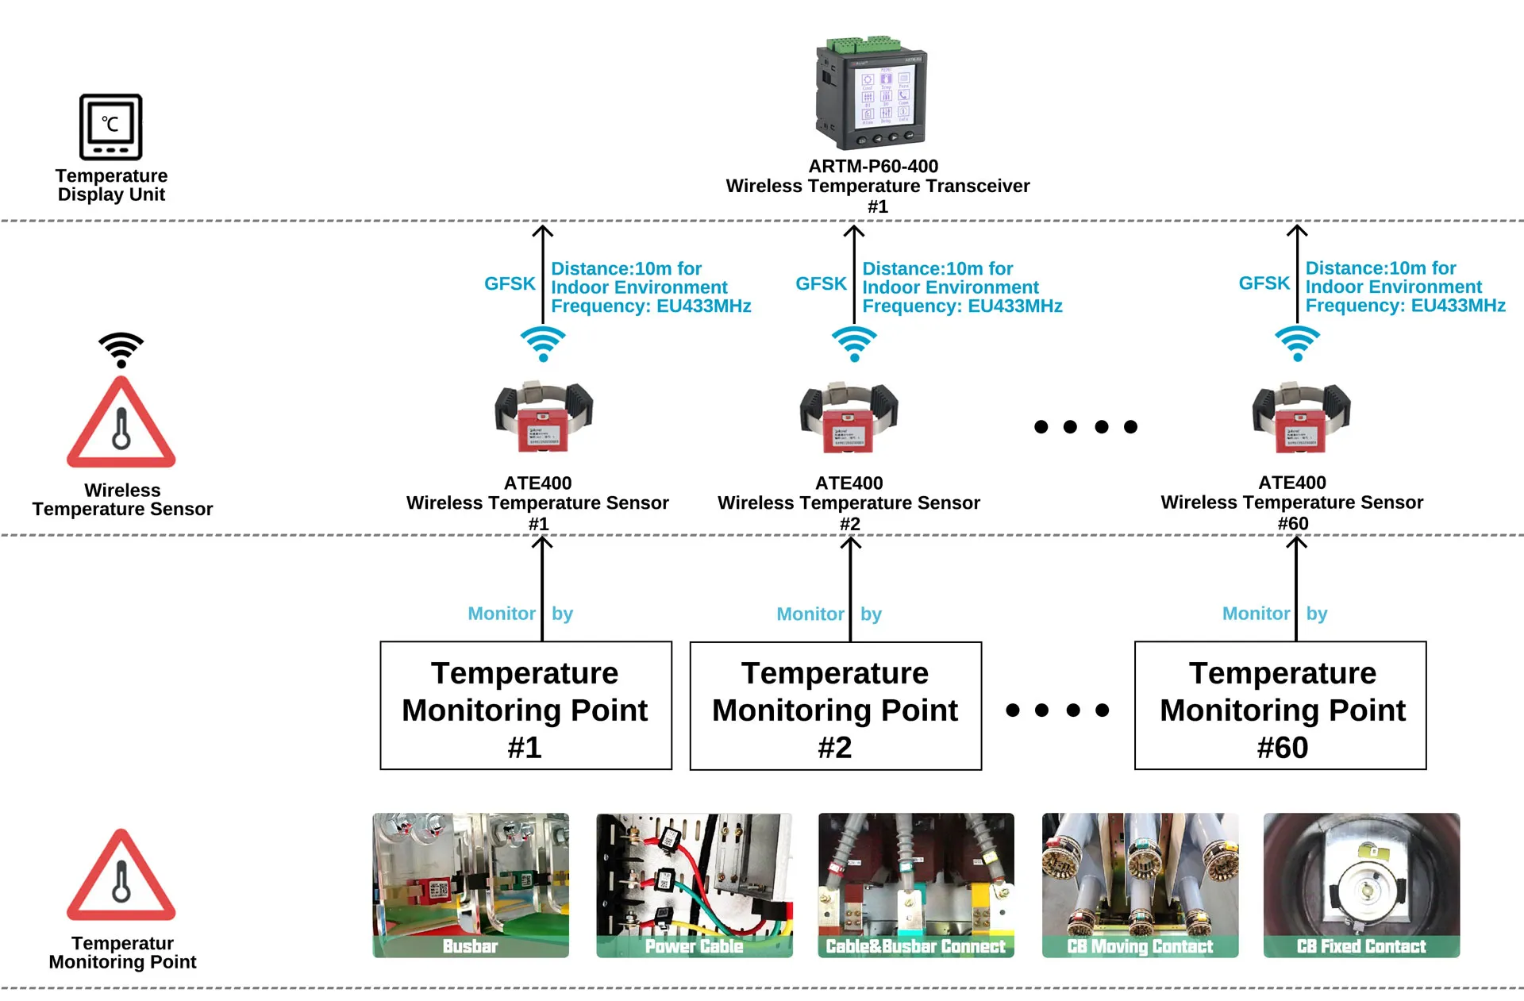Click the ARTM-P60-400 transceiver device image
pos(872,94)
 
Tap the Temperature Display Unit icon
pos(111,127)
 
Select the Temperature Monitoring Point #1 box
pos(525,706)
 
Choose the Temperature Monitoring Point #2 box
pos(835,706)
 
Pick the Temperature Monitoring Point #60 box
pos(1280,706)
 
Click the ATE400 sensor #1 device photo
pos(544,418)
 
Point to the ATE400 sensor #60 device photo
pos(1301,418)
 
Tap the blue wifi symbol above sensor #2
pos(854,344)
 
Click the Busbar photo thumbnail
pos(471,884)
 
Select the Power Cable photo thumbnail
pos(694,884)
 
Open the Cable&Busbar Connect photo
pos(916,884)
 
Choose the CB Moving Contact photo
pos(1140,884)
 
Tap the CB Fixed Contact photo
pos(1361,884)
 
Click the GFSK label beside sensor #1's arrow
pos(510,284)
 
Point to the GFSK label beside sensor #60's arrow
pos(1264,283)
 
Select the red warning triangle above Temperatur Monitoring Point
pos(121,876)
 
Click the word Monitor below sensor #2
pos(810,614)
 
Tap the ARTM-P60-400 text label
pos(873,167)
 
